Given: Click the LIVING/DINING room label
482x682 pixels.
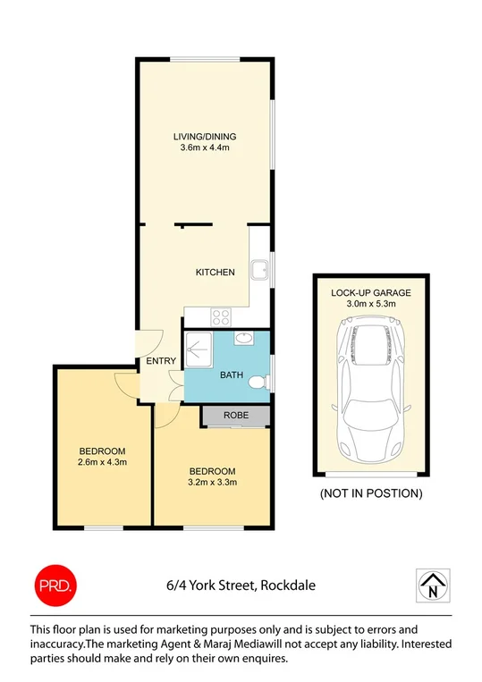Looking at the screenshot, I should click(x=205, y=137).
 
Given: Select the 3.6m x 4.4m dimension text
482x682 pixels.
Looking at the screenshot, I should click(x=205, y=148).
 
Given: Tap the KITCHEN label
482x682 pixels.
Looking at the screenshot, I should click(x=216, y=273).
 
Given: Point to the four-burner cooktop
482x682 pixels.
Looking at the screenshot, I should click(x=219, y=316).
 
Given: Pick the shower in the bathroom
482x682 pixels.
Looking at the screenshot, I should click(x=198, y=345).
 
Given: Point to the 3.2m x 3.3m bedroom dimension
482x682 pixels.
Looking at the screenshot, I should click(x=212, y=483).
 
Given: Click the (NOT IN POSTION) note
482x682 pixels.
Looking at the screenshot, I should click(x=370, y=493).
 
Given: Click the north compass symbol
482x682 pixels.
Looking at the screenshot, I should click(x=434, y=585).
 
